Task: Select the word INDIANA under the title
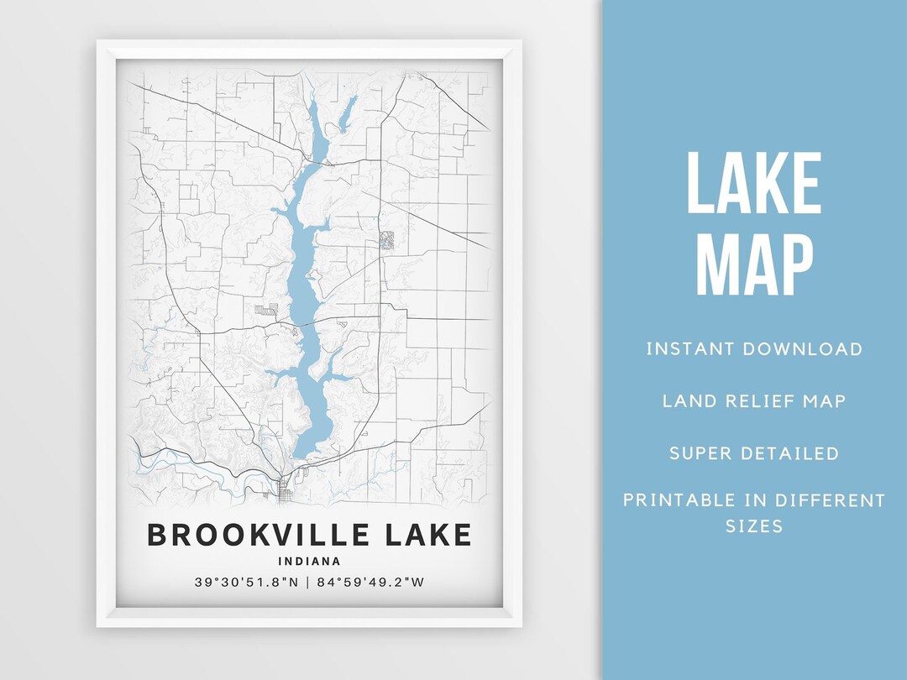[310, 561]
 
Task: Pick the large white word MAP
[754, 264]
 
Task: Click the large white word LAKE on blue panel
[754, 184]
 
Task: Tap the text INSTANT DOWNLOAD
[754, 349]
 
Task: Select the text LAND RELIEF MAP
[754, 400]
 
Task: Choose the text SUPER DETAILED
[754, 453]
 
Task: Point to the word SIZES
[754, 527]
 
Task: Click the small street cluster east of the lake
[386, 240]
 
